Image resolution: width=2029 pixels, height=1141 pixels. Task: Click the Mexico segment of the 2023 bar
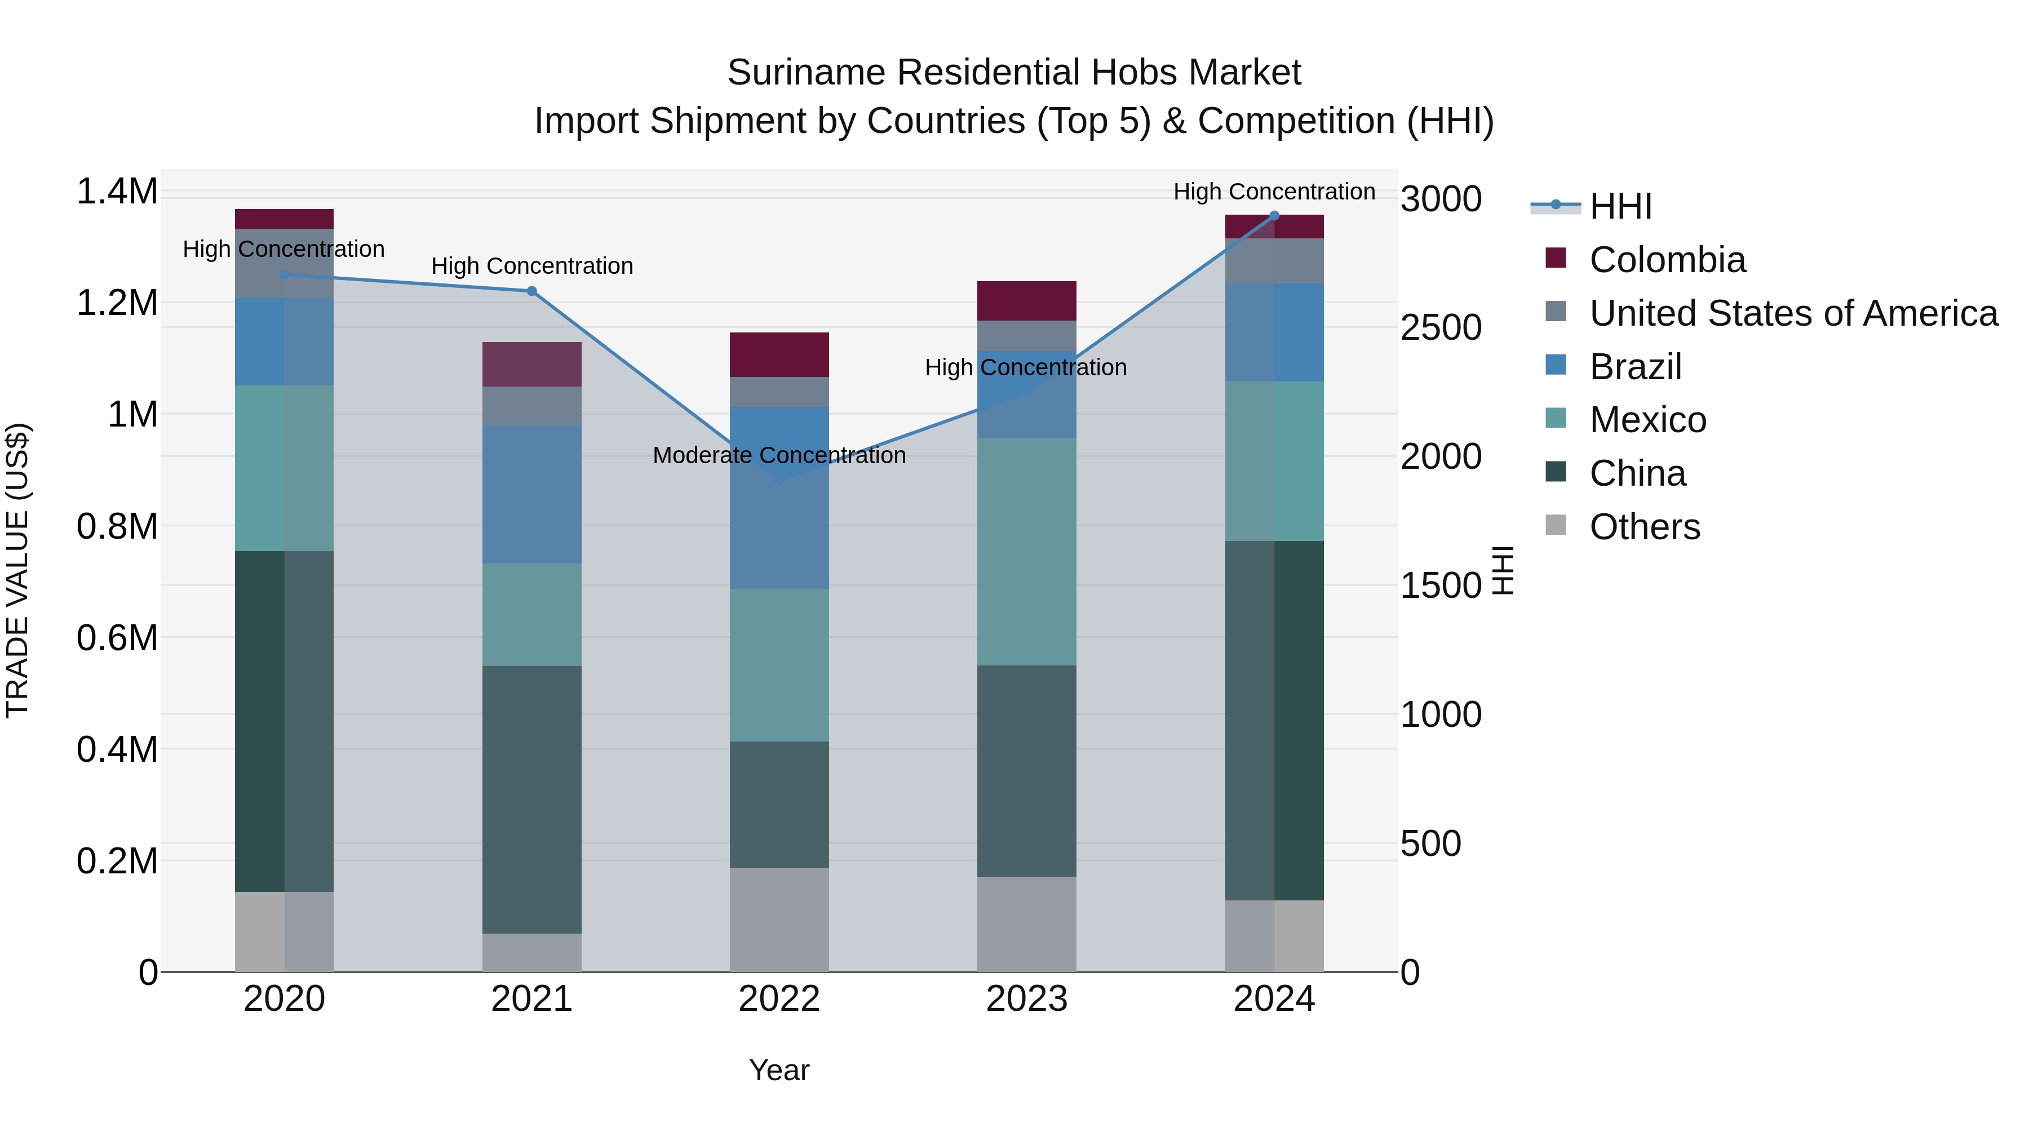tap(1026, 551)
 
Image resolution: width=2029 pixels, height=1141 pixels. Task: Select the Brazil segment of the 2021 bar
tap(531, 495)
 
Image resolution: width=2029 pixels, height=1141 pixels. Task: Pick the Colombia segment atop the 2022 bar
tap(779, 354)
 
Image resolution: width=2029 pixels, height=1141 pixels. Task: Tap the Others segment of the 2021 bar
tap(531, 952)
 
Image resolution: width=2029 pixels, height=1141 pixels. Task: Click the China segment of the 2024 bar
tap(1274, 721)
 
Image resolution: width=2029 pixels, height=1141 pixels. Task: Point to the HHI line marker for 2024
tap(1274, 216)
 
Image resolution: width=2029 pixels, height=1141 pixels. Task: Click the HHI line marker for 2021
tap(531, 291)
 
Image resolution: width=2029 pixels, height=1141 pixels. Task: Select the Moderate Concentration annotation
tap(779, 455)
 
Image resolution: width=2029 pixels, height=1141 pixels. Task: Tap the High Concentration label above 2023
tap(1026, 368)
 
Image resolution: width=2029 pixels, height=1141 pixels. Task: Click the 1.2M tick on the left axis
tap(117, 303)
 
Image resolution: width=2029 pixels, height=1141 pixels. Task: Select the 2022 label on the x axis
tap(779, 999)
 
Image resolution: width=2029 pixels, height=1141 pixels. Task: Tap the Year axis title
tap(779, 1070)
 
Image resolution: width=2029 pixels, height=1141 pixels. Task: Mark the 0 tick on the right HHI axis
tap(1410, 973)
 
